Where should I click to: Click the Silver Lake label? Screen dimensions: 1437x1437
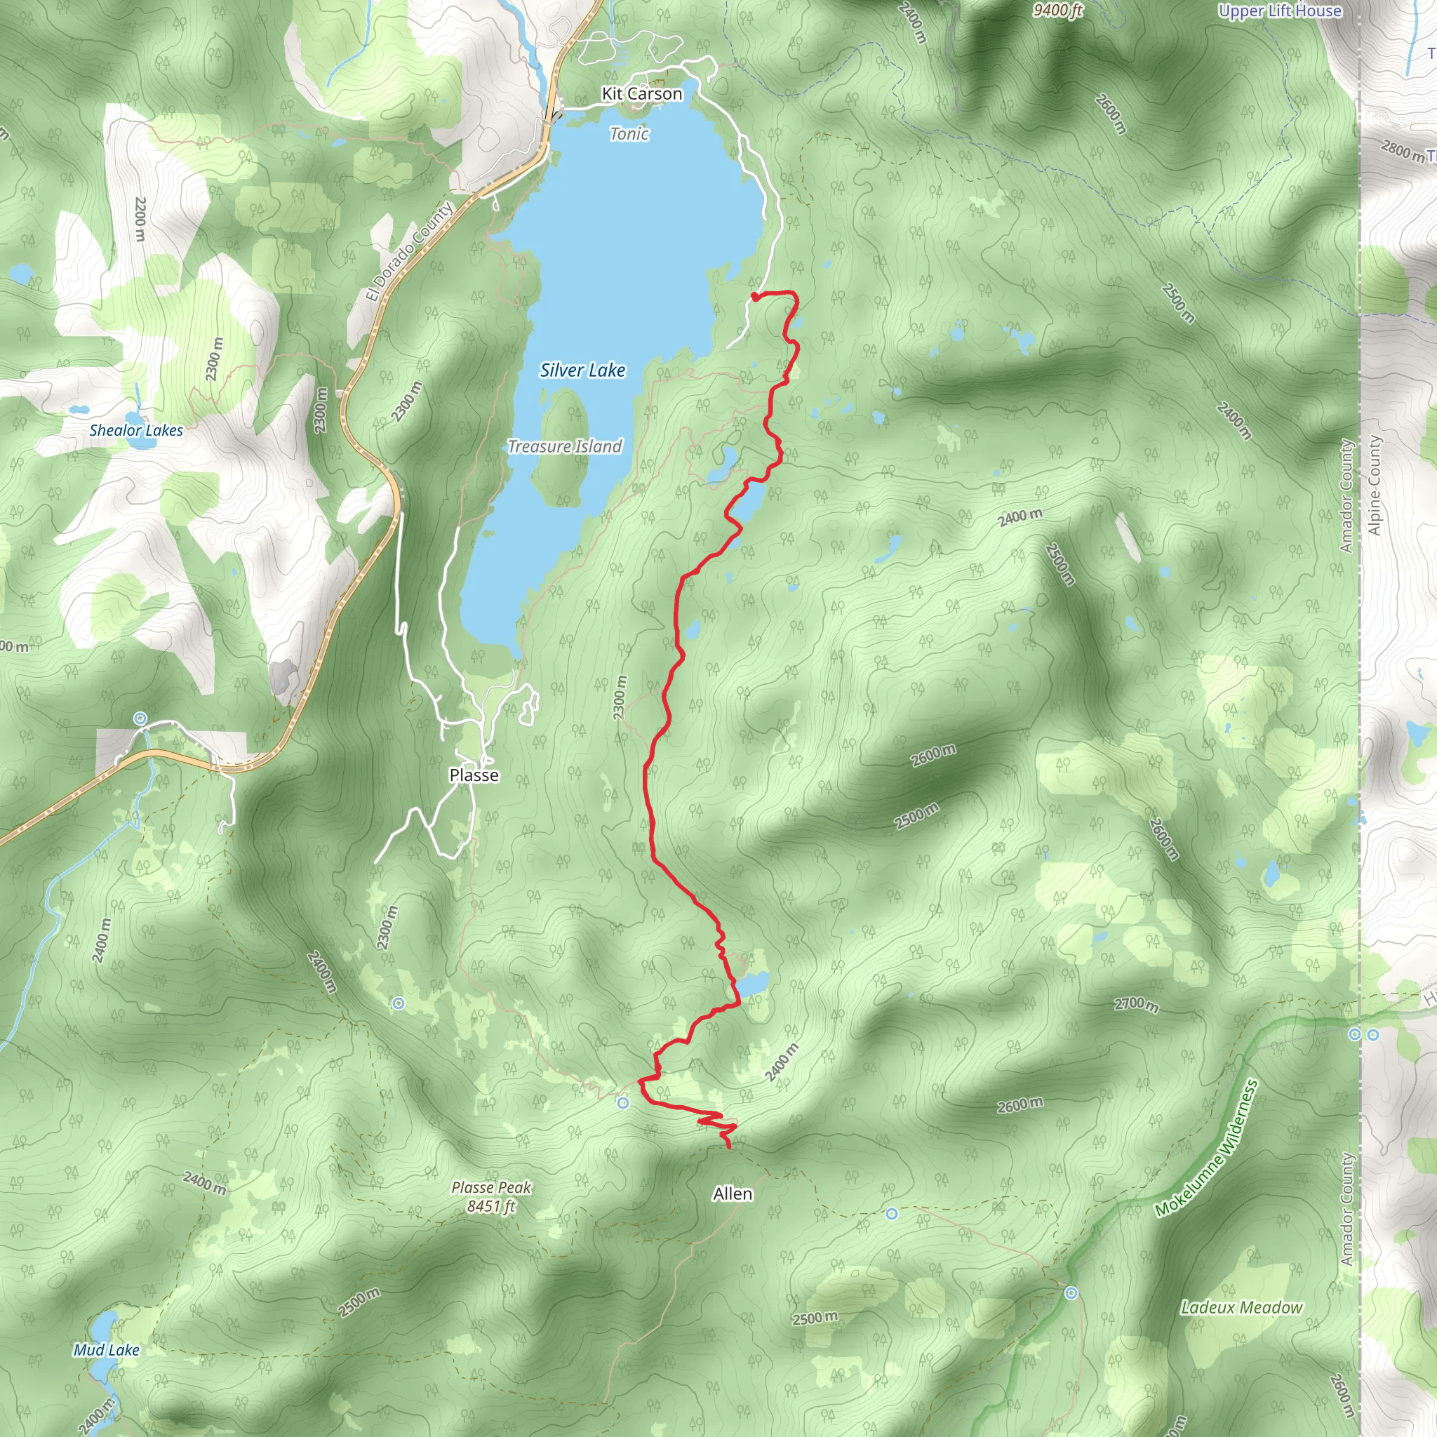582,370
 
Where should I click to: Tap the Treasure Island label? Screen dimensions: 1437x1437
565,446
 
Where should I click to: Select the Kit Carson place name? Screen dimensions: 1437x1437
641,94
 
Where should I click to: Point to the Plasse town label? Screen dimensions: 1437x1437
474,775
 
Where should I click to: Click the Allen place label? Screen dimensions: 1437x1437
733,1194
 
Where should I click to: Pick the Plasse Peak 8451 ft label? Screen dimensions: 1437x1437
491,1197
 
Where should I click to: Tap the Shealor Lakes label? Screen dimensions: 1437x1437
136,430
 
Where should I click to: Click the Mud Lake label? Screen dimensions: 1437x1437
107,1350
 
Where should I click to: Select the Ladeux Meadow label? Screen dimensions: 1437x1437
1241,1308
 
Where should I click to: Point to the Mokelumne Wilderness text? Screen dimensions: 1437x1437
1205,1149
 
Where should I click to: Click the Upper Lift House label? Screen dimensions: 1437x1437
1279,11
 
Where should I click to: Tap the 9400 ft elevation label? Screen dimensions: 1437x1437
1057,10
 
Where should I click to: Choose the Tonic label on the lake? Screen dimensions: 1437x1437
629,134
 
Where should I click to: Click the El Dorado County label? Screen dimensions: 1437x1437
409,252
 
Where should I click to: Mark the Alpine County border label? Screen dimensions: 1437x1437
1374,485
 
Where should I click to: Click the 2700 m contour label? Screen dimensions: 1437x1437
1136,1004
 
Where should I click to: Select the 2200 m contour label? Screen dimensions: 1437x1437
139,219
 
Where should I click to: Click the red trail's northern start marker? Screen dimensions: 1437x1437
754,297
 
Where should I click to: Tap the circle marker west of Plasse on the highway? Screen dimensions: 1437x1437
140,718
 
